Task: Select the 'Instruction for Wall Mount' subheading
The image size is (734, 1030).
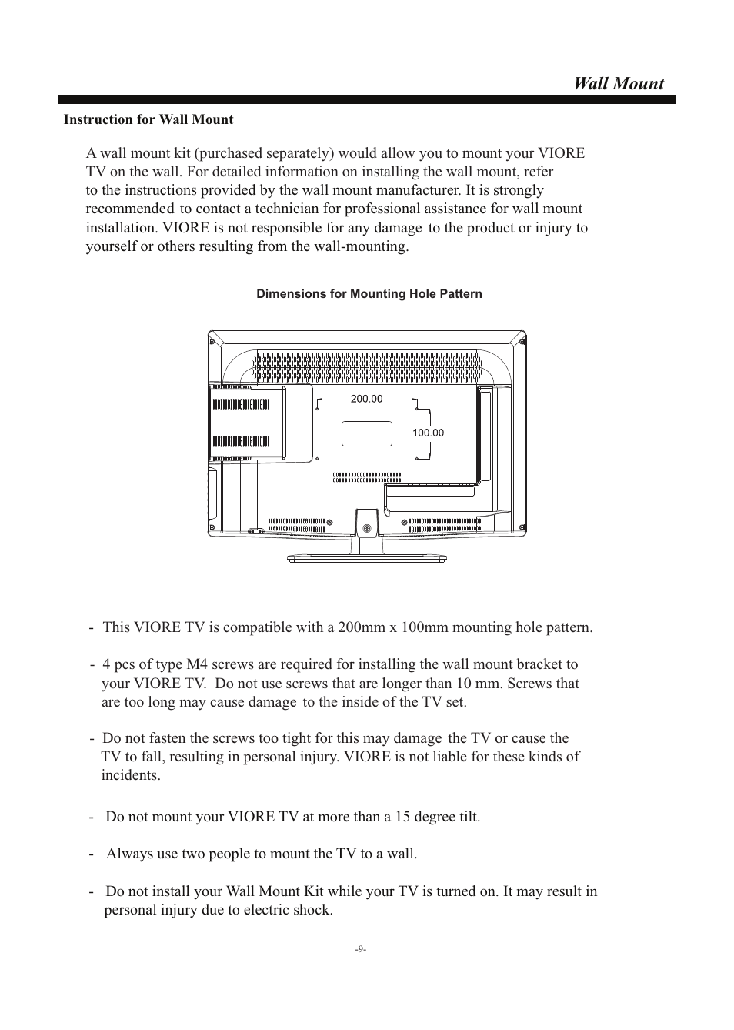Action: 148,119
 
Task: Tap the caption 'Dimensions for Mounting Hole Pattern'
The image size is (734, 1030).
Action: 369,294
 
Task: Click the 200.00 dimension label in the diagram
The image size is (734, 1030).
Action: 366,399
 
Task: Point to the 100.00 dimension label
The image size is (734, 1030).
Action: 428,433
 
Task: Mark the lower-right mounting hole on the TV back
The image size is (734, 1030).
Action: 416,458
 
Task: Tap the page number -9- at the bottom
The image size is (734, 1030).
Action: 361,950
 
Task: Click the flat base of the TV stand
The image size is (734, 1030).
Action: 366,558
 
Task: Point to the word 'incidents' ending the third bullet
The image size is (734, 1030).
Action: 131,775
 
